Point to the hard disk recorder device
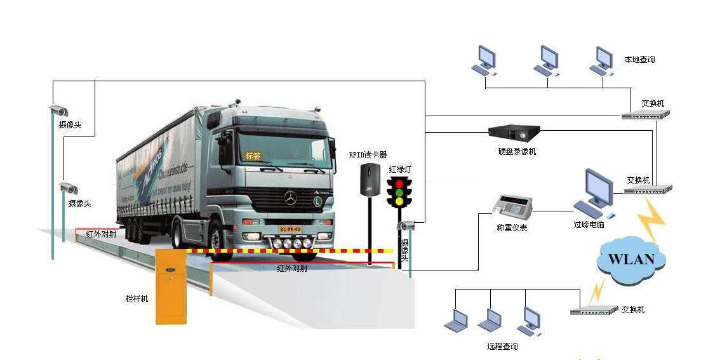click(514, 132)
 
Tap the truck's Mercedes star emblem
click(291, 199)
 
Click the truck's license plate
click(290, 229)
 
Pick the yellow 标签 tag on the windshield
click(253, 156)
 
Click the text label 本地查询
click(639, 60)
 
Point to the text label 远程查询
click(502, 346)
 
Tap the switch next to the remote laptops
click(594, 310)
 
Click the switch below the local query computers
click(645, 115)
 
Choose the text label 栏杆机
click(137, 298)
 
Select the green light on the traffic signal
click(399, 192)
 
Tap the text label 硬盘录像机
click(517, 152)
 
